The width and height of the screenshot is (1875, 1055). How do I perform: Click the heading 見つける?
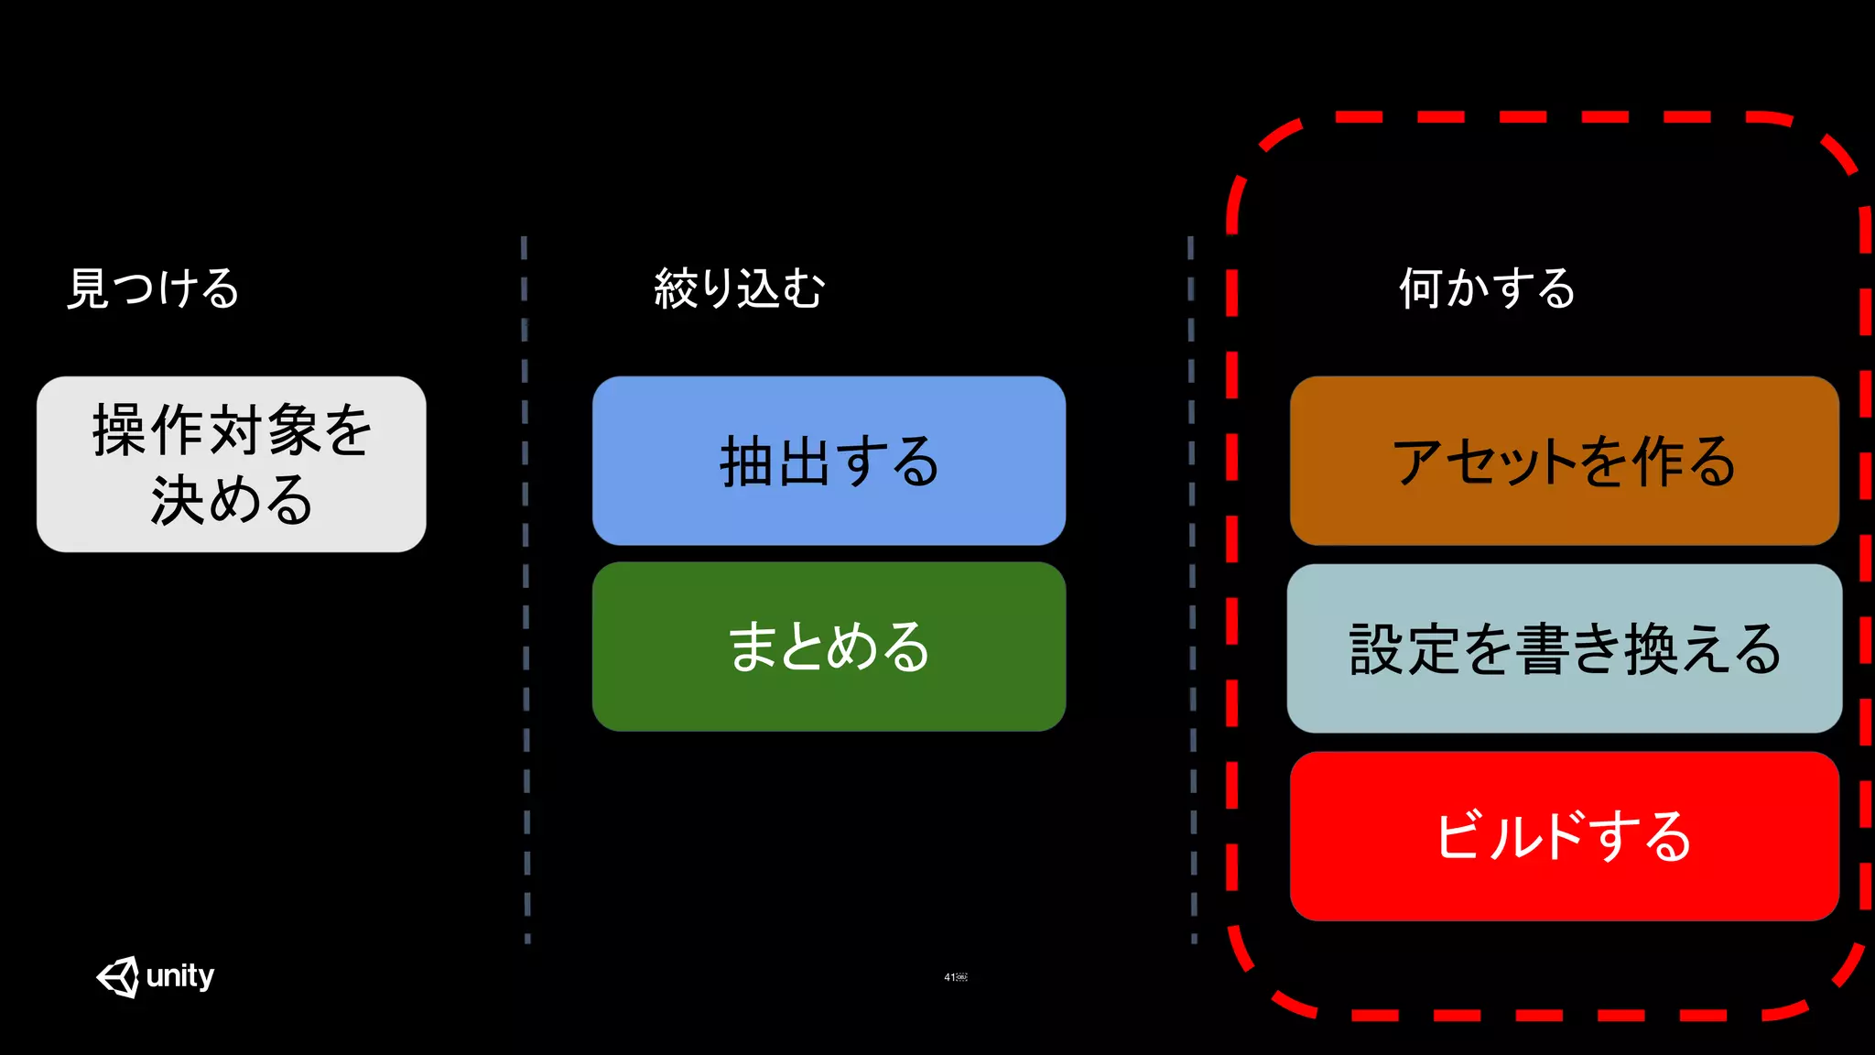pos(153,289)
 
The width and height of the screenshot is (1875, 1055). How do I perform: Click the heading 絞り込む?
pos(740,289)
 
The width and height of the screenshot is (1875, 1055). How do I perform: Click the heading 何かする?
pos(1487,289)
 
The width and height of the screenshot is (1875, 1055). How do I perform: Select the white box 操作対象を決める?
pos(232,464)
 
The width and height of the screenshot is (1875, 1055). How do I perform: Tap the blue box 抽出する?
pos(829,461)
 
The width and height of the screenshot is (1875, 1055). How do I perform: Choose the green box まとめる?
pos(829,647)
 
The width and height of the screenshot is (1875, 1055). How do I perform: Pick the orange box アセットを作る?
pos(1564,461)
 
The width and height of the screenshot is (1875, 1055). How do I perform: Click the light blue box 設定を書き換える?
pos(1564,648)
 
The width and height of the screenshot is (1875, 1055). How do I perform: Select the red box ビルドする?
pos(1564,836)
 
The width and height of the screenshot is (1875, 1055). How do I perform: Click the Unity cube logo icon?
pos(118,977)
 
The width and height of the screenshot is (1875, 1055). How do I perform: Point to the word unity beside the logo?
pos(180,976)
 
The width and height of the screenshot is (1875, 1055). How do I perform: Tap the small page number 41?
pos(950,977)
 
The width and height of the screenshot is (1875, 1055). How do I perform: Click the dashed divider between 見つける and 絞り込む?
pos(526,586)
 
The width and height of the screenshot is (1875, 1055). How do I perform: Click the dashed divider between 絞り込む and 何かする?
pos(1192,586)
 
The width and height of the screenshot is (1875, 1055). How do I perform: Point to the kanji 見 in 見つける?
pos(88,289)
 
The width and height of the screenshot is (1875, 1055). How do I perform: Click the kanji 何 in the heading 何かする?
pos(1421,289)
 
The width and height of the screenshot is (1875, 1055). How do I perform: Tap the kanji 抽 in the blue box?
pos(747,462)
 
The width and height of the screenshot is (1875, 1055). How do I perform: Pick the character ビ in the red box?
pos(1461,836)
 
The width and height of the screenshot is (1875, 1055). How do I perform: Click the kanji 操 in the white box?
pos(119,430)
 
